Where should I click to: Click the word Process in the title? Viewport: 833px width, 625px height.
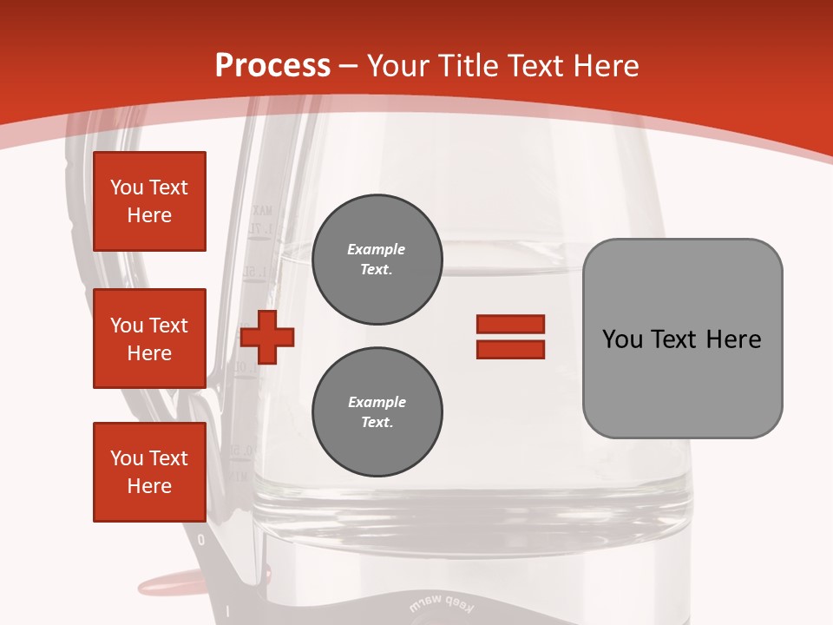(272, 66)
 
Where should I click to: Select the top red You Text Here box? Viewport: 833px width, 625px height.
(149, 201)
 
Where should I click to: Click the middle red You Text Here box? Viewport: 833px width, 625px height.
(149, 339)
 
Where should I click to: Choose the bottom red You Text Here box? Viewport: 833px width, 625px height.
(149, 472)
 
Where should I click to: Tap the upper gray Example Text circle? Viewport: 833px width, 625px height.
(377, 260)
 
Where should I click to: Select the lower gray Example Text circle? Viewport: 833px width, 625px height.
(377, 412)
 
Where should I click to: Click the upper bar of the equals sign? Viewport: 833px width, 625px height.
(510, 324)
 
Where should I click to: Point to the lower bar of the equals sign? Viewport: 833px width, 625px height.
(510, 350)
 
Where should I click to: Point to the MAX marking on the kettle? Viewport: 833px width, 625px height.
(261, 210)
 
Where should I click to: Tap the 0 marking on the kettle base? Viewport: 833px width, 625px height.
(201, 540)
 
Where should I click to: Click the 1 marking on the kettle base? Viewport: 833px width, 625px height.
(226, 611)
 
